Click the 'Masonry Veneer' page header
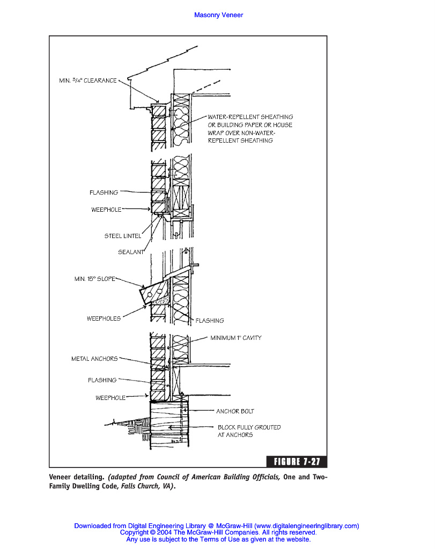(218, 15)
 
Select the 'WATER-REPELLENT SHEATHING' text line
(250, 117)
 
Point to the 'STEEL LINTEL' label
(123, 236)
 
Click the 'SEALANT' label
(131, 252)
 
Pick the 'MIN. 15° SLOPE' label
(94, 279)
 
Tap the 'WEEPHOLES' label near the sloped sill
(104, 318)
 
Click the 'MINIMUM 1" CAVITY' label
(235, 338)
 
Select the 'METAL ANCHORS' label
(94, 359)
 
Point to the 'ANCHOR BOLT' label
(235, 411)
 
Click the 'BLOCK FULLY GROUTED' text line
(249, 427)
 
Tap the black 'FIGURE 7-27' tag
(297, 462)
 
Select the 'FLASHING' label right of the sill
(210, 321)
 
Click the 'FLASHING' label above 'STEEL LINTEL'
(104, 192)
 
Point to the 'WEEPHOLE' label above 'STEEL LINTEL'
(106, 210)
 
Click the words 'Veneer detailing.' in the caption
(77, 477)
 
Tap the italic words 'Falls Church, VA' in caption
(149, 487)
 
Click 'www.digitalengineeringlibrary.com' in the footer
(306, 526)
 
